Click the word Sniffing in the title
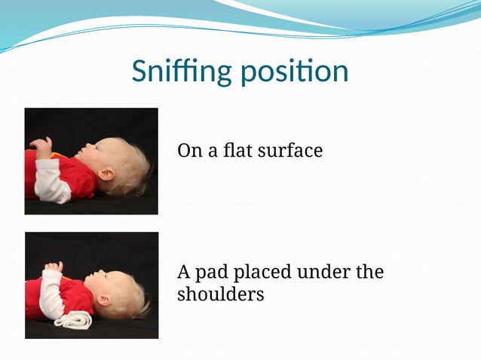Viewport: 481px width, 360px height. click(182, 72)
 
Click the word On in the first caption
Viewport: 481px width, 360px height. click(188, 151)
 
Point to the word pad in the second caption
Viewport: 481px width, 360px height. click(213, 272)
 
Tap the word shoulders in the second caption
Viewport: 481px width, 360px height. click(220, 294)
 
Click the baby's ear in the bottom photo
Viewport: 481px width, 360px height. click(104, 300)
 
